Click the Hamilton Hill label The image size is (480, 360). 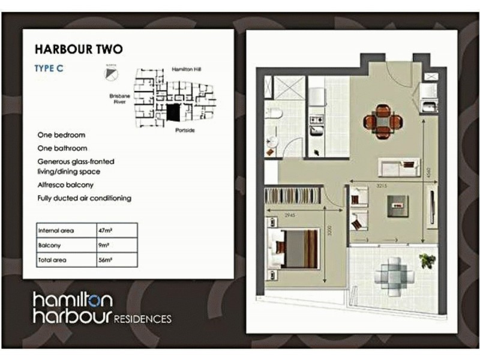coord(185,70)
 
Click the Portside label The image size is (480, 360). coord(185,130)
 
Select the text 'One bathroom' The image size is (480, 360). coord(62,148)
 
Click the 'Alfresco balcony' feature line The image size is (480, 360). coord(65,185)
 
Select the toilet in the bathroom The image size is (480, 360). coord(275,115)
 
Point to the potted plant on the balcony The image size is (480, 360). coord(427,260)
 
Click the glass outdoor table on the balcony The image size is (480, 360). coord(394,274)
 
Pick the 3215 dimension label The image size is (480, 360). coord(393,186)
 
